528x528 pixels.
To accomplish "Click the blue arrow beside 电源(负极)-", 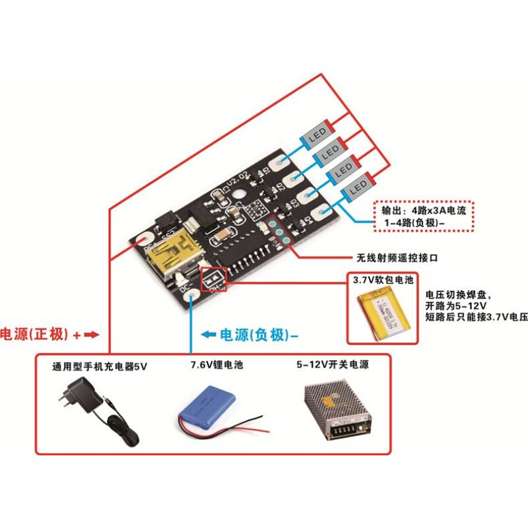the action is (209, 335).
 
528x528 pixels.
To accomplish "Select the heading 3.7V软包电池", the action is (382, 280).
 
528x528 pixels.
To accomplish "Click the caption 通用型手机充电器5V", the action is (100, 365).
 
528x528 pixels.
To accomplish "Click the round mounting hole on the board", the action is (242, 197).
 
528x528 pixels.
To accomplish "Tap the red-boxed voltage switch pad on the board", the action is (213, 280).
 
